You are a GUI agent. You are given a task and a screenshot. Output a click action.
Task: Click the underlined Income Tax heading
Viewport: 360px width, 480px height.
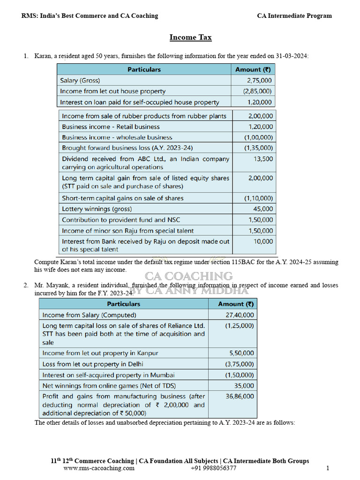click(x=190, y=37)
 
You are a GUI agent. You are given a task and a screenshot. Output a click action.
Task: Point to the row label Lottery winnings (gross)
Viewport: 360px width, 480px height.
click(x=97, y=209)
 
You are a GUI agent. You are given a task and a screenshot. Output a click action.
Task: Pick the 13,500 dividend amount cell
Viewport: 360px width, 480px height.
click(x=263, y=159)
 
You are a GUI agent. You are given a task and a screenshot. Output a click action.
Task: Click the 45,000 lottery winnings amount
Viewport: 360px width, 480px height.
click(x=263, y=209)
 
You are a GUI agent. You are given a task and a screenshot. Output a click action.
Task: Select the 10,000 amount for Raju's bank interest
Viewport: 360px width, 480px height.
click(x=263, y=241)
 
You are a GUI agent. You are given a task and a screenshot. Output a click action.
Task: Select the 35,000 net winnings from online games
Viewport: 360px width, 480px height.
click(x=244, y=386)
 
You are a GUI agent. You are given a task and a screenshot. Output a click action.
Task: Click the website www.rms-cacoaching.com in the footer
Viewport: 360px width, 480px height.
click(x=98, y=468)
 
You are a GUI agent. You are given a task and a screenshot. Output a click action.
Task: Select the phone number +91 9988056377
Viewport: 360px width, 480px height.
click(x=213, y=468)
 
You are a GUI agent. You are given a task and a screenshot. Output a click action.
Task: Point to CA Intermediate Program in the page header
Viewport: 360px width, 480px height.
click(x=294, y=16)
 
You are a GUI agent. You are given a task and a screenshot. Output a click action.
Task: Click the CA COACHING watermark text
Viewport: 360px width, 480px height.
click(x=188, y=276)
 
